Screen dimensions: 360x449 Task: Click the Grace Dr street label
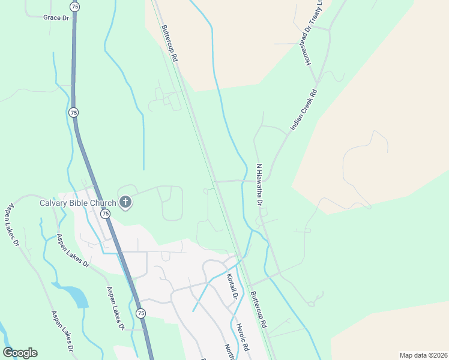(x=56, y=18)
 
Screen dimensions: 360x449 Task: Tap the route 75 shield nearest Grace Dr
(x=74, y=6)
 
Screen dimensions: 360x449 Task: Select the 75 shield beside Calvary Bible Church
(x=106, y=214)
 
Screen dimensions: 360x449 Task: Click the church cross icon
(x=125, y=202)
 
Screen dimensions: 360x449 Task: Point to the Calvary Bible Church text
(x=78, y=203)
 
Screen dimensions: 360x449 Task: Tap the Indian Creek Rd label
(x=304, y=110)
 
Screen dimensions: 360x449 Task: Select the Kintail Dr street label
(x=233, y=287)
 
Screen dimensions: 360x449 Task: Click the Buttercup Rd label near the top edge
(x=169, y=44)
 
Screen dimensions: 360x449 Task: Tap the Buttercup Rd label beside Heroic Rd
(x=258, y=309)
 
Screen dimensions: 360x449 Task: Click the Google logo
(x=20, y=353)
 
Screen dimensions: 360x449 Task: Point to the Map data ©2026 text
(x=423, y=355)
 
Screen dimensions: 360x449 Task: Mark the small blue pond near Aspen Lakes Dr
(x=76, y=296)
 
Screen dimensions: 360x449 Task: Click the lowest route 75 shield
(x=140, y=313)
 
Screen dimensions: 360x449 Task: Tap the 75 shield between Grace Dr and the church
(x=73, y=112)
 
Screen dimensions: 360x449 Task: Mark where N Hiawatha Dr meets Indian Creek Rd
(x=268, y=178)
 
